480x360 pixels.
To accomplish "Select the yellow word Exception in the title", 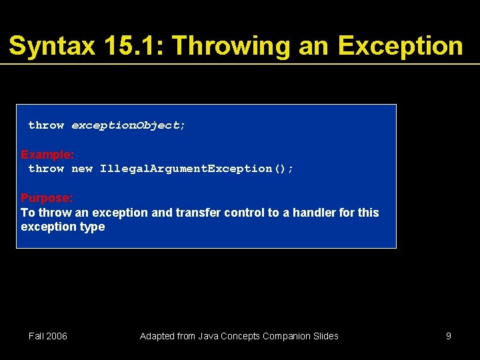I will pyautogui.click(x=400, y=46).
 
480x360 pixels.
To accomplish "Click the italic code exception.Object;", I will pyautogui.click(x=129, y=125).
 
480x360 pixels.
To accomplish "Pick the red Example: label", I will pyautogui.click(x=47, y=155).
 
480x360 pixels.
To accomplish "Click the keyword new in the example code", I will pyautogui.click(x=82, y=169).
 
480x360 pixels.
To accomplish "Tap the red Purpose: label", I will pyautogui.click(x=47, y=198).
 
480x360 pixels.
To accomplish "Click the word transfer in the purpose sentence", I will pyautogui.click(x=197, y=213).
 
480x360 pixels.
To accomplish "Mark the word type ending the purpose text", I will pyautogui.click(x=92, y=227).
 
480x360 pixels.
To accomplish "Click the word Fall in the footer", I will pyautogui.click(x=37, y=336).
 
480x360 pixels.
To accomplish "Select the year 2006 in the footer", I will pyautogui.click(x=57, y=336).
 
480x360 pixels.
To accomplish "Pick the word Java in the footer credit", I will pyautogui.click(x=203, y=336).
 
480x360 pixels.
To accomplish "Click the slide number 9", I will pyautogui.click(x=449, y=336).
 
